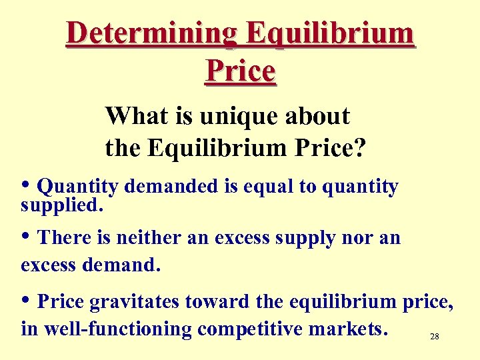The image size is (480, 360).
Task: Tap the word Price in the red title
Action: pyautogui.click(x=240, y=70)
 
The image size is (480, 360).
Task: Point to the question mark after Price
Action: pyautogui.click(x=359, y=147)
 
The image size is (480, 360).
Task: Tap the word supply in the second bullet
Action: pyautogui.click(x=309, y=239)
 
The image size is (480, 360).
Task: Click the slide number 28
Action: pyautogui.click(x=434, y=337)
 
